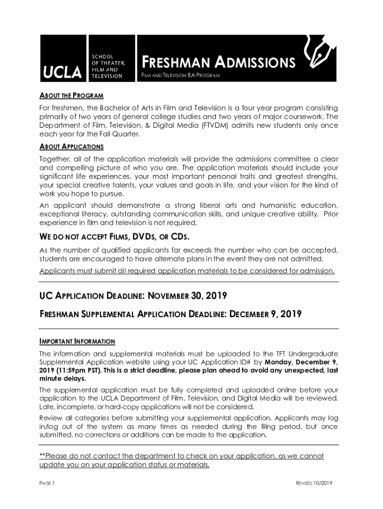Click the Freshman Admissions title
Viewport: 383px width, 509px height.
tap(219, 63)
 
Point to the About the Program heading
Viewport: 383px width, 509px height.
tap(72, 95)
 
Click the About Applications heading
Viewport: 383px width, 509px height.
tap(72, 147)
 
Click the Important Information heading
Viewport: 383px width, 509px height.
tap(77, 341)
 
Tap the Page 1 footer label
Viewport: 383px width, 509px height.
tap(47, 483)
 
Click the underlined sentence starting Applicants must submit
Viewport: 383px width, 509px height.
tap(187, 271)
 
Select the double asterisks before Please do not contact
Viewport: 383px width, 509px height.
tap(42, 456)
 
